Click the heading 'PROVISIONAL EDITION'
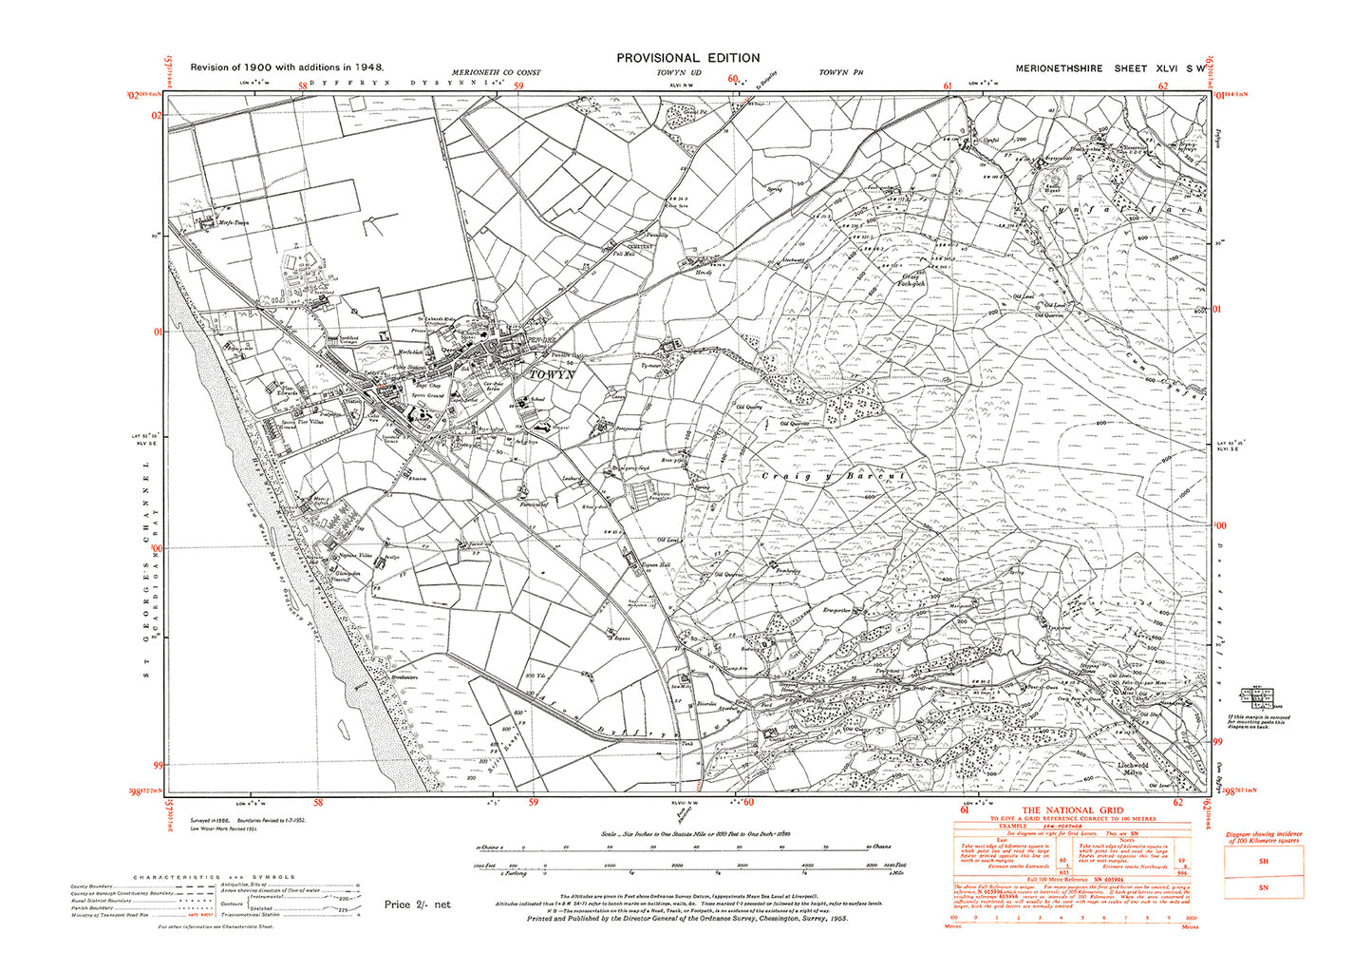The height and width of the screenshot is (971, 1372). tap(687, 58)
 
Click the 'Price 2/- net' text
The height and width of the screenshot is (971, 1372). tap(417, 904)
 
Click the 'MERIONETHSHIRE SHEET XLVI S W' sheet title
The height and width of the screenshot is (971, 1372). tap(1110, 68)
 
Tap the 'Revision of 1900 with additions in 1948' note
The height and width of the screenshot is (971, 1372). tap(286, 67)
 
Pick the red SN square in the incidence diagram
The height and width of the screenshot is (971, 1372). tap(1263, 887)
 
